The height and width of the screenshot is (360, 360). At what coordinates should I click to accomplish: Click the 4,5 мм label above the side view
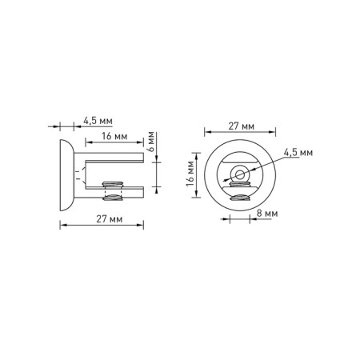point(98,121)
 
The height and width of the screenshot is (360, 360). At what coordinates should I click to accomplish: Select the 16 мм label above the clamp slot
point(114,136)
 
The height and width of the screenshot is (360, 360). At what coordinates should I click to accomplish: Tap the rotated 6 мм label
point(151,142)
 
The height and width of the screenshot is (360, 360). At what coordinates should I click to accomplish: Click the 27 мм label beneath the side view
point(110,219)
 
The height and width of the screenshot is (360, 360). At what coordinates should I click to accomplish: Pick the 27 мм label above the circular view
point(241,126)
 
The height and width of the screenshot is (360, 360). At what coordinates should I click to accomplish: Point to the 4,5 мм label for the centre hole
point(298,153)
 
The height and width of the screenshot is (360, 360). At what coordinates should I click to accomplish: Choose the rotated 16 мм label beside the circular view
point(190,174)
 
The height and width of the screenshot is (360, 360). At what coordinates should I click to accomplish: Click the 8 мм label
point(267,214)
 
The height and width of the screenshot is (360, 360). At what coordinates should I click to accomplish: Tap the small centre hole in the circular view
point(240,175)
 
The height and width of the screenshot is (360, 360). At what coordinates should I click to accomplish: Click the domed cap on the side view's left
point(66,175)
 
